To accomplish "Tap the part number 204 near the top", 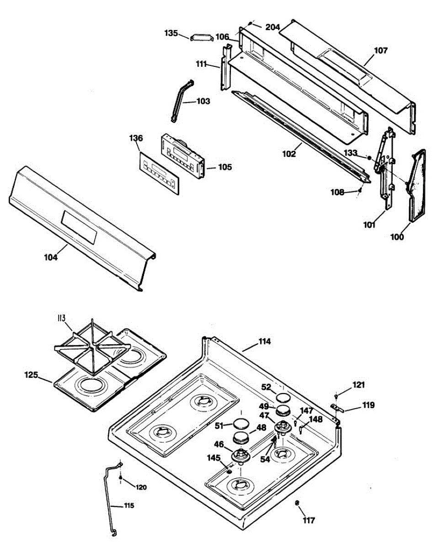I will pos(272,27).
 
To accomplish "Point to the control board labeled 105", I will pos(182,157).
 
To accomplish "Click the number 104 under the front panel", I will pos(51,257).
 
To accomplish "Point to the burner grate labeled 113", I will pos(87,344).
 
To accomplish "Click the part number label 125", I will pos(31,375).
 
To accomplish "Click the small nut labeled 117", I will pos(297,503).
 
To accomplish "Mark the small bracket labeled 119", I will pos(337,407).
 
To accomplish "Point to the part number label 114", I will pos(264,341).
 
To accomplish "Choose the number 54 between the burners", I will pos(265,459).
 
